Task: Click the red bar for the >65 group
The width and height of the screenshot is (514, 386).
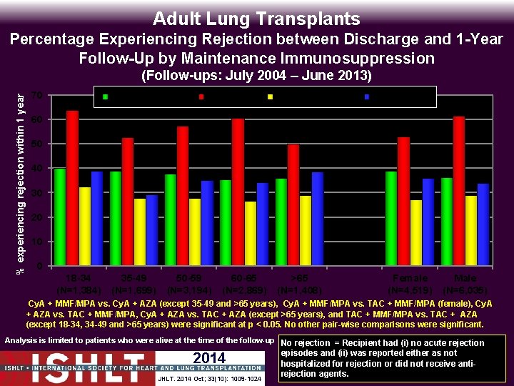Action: (293, 204)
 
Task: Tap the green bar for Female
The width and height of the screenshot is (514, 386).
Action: (390, 218)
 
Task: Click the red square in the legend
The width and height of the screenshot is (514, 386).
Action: (202, 96)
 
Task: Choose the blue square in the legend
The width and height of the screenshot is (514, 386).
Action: (367, 96)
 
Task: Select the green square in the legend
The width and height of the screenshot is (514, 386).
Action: (106, 96)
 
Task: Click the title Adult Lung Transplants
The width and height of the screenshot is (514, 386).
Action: (256, 19)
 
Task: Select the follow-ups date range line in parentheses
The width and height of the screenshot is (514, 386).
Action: (256, 75)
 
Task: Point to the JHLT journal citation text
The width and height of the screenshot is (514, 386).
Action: (211, 377)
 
